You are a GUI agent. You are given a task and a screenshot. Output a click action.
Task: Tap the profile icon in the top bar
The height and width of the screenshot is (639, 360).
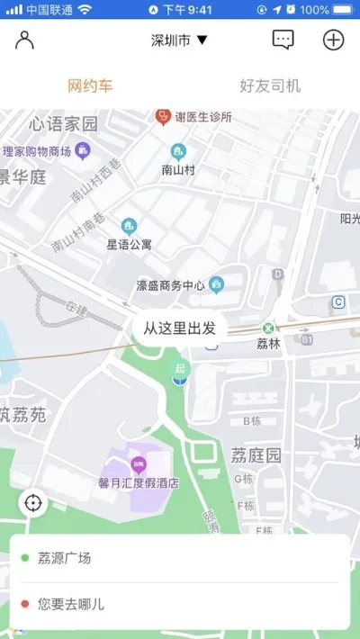tap(25, 40)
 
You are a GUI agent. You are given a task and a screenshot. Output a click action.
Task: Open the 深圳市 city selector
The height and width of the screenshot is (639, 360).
tap(179, 40)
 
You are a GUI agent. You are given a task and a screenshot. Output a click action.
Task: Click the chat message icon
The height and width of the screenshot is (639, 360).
tap(283, 40)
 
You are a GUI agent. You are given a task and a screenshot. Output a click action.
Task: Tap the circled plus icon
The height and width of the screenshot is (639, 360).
tap(333, 40)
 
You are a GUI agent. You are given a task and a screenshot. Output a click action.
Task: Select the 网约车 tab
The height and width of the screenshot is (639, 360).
tap(90, 86)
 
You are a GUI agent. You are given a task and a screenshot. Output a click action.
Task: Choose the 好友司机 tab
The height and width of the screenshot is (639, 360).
tap(270, 86)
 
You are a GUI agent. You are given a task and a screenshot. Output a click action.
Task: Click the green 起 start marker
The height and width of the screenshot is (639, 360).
tap(182, 369)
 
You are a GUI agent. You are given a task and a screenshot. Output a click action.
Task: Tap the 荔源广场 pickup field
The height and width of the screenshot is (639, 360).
tap(180, 559)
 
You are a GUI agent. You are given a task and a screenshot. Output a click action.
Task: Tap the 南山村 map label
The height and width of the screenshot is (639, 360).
tap(178, 168)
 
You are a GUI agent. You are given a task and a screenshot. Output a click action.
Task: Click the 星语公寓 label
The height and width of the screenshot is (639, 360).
tap(130, 244)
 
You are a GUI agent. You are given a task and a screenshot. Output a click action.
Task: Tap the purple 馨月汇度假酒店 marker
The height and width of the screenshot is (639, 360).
tap(139, 465)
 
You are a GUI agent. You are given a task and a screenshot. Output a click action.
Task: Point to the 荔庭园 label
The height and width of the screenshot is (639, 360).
tap(256, 455)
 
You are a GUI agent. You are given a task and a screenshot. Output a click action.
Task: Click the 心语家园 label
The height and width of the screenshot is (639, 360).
tap(63, 123)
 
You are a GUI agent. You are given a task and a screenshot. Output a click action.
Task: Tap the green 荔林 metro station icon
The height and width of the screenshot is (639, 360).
tap(268, 328)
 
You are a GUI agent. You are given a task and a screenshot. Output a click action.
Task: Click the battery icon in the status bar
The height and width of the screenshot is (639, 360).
tap(343, 9)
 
